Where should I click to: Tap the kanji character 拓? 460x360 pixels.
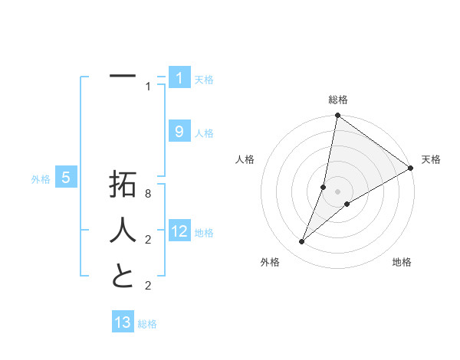[x=123, y=185]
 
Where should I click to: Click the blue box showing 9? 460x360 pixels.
[x=179, y=132]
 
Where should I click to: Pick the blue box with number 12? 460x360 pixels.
[x=179, y=231]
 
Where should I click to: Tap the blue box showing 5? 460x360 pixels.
[x=66, y=178]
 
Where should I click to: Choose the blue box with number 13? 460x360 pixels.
[x=123, y=322]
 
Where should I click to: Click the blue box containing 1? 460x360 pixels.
[x=179, y=78]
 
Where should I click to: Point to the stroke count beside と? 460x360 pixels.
[x=149, y=286]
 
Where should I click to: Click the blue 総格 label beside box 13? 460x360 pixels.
[x=147, y=324]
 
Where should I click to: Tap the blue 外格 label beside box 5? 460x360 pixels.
[x=41, y=179]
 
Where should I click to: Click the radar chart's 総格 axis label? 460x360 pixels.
[x=338, y=100]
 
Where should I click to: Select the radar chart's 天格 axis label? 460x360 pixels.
[x=431, y=159]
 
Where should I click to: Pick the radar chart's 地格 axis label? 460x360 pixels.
[x=402, y=262]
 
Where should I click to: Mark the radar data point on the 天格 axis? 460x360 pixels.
[x=410, y=169]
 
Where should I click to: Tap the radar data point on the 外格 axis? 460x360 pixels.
[x=302, y=242]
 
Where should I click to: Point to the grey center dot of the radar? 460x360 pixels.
[x=338, y=191]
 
